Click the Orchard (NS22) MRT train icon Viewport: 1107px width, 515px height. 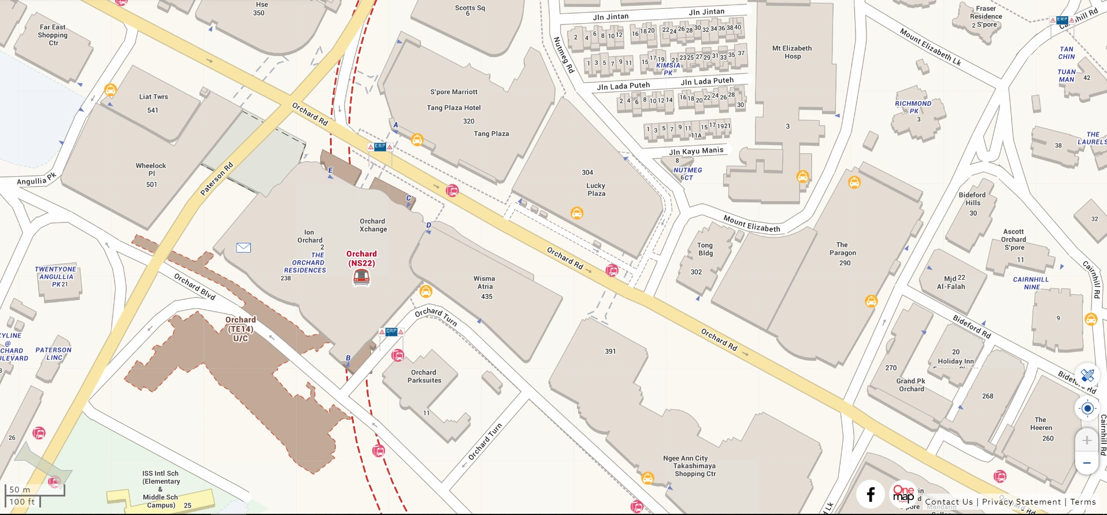[361, 278]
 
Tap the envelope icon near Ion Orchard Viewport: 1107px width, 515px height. [243, 247]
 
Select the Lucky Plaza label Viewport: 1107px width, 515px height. [596, 190]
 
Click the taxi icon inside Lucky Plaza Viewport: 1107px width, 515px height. [576, 213]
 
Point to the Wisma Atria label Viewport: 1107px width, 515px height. [485, 283]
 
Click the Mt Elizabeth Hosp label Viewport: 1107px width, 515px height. [792, 52]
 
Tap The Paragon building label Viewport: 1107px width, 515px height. [843, 249]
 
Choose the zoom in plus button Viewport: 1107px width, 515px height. [1087, 440]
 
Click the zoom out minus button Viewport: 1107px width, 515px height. [1087, 463]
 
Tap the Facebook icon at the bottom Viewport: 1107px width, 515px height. [871, 494]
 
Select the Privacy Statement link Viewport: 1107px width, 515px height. [1021, 502]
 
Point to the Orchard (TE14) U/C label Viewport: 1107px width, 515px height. [240, 328]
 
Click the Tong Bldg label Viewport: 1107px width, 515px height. [705, 249]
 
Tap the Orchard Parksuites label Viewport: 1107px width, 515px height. [424, 376]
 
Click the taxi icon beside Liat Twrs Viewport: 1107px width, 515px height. [110, 90]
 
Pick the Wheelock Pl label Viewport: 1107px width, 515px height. [151, 169]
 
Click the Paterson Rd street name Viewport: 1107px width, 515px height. [216, 179]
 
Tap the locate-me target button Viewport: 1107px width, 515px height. [1087, 409]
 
